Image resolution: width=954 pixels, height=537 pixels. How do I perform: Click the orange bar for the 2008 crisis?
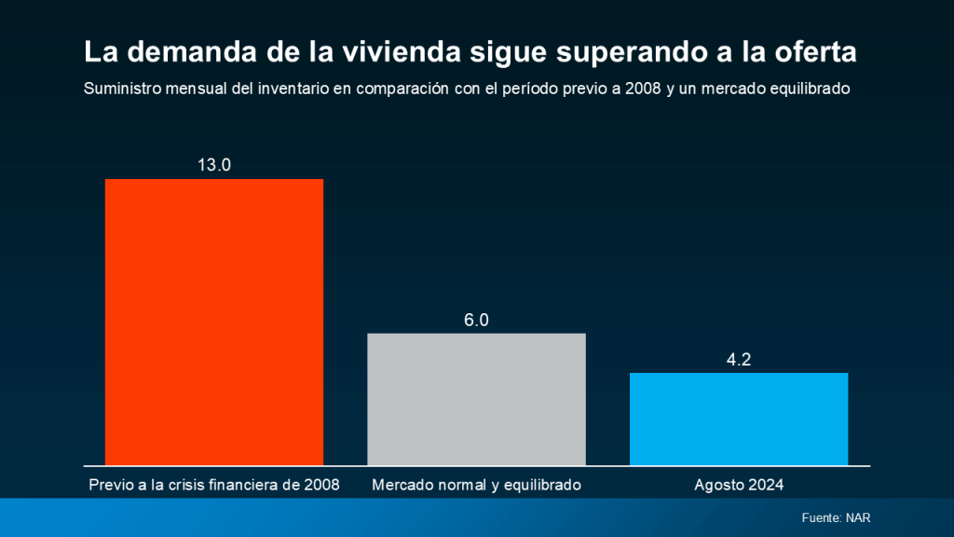pyautogui.click(x=213, y=322)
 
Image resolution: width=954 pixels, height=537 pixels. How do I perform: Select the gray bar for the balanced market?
pyautogui.click(x=476, y=399)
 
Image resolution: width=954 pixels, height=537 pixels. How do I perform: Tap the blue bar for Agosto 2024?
pyautogui.click(x=739, y=419)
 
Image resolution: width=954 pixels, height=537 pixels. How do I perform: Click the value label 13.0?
pyautogui.click(x=213, y=165)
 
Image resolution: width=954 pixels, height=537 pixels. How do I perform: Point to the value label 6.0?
pyautogui.click(x=476, y=320)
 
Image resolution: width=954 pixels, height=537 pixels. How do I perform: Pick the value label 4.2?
pyautogui.click(x=739, y=359)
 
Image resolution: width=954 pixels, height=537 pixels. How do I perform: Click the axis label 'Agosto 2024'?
pyautogui.click(x=739, y=485)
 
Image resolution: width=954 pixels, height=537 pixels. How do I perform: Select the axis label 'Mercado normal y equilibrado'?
pyautogui.click(x=476, y=485)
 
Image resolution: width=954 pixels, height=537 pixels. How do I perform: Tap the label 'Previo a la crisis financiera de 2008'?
pyautogui.click(x=213, y=485)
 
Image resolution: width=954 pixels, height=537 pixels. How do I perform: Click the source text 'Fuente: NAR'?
pyautogui.click(x=836, y=517)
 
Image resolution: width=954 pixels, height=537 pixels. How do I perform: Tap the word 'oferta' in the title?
pyautogui.click(x=815, y=52)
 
